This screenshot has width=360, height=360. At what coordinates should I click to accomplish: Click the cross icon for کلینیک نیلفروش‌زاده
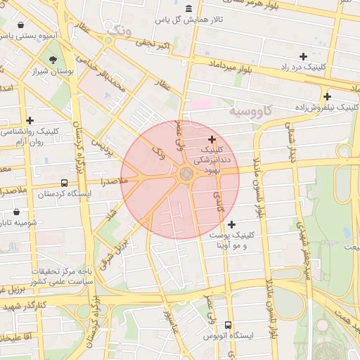tap(327, 96)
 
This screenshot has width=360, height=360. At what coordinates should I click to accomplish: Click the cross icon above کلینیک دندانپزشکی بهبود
tap(212, 139)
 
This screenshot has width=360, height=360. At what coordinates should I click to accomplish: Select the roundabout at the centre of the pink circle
tap(186, 174)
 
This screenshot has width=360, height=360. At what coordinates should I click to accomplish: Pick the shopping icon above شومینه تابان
tap(17, 212)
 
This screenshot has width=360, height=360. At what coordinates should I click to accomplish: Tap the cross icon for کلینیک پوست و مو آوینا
tap(233, 224)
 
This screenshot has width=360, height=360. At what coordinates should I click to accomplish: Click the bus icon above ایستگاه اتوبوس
tap(228, 325)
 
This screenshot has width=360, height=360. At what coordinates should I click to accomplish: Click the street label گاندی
tap(218, 201)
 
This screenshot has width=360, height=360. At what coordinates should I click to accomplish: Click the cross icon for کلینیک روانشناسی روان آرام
tap(30, 121)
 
